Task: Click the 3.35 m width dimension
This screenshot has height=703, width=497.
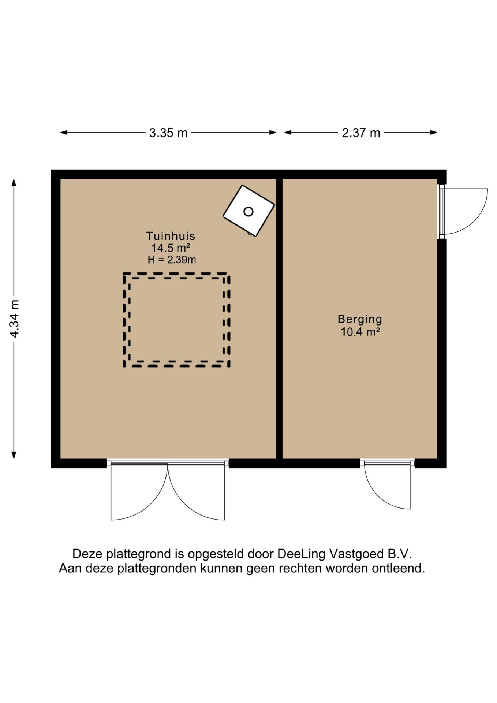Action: click(168, 133)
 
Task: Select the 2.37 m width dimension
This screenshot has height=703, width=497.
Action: click(361, 133)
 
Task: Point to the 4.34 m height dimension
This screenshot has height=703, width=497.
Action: click(14, 319)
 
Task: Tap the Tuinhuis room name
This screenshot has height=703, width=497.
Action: click(171, 236)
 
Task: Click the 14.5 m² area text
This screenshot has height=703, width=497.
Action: click(171, 248)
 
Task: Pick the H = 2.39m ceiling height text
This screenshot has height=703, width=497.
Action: click(172, 260)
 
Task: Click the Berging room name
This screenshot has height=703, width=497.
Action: click(360, 320)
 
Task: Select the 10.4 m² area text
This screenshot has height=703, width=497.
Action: click(360, 332)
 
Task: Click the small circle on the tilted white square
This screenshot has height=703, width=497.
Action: click(248, 212)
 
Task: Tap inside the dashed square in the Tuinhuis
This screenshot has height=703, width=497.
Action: click(177, 320)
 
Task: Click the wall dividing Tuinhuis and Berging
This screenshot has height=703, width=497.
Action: click(279, 319)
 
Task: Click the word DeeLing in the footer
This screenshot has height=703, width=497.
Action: click(301, 554)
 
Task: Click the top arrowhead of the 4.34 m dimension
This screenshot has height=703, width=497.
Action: click(14, 182)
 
